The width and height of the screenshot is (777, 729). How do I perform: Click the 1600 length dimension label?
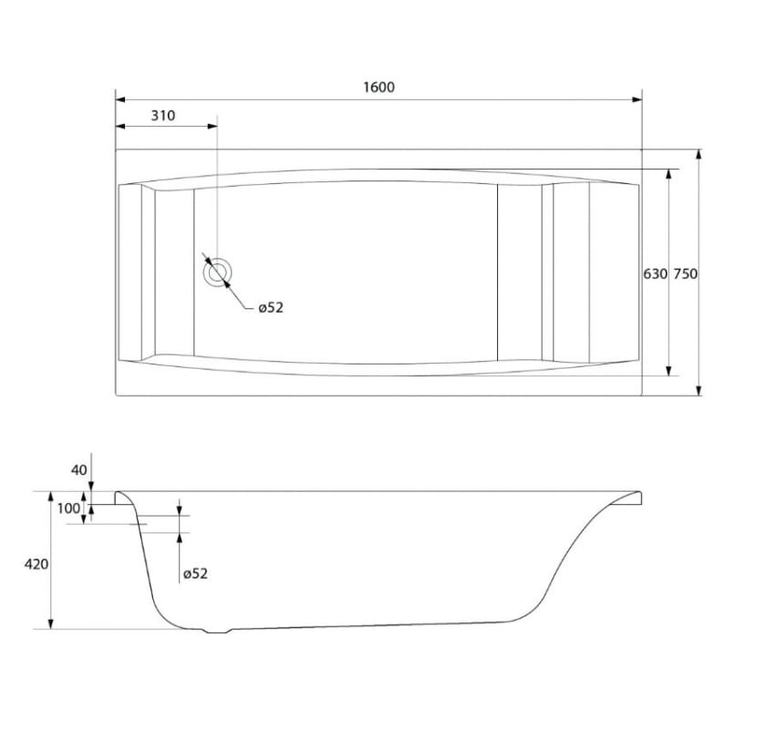click(378, 87)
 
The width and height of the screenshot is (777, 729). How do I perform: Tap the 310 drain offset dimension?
click(162, 116)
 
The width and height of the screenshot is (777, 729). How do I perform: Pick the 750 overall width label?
click(685, 273)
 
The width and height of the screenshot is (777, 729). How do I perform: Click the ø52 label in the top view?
click(271, 308)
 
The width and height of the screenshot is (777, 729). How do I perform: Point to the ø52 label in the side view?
click(195, 573)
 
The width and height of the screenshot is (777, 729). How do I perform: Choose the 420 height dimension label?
click(36, 565)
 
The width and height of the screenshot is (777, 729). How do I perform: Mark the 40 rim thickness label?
click(78, 470)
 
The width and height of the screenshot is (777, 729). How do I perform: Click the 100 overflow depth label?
click(69, 508)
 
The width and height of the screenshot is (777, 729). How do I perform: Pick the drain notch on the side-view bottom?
click(217, 631)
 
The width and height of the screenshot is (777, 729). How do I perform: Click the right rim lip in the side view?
click(633, 497)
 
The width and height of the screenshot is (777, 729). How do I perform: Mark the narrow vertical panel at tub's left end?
click(148, 272)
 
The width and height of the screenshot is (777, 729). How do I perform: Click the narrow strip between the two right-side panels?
click(547, 272)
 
